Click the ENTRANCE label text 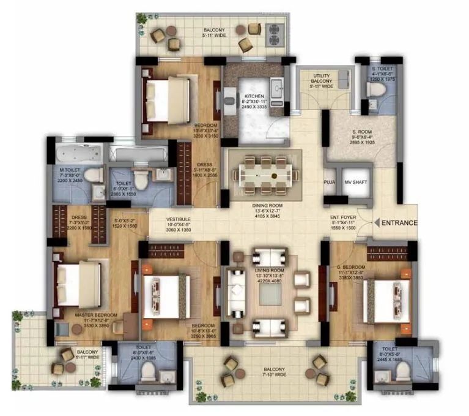[400, 223]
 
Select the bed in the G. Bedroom [384, 300]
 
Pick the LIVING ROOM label [270, 270]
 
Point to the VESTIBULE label [179, 219]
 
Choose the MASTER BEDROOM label [92, 315]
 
